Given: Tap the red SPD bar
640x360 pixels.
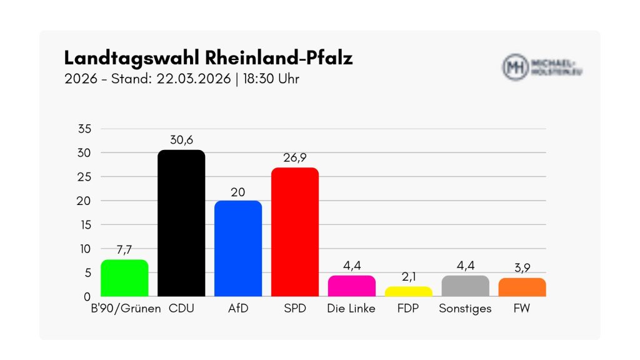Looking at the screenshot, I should click(x=294, y=232).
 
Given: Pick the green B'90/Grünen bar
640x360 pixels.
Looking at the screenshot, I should click(x=124, y=278).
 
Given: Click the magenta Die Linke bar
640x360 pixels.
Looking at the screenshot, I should click(x=351, y=286).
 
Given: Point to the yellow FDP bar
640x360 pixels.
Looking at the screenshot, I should click(x=408, y=291).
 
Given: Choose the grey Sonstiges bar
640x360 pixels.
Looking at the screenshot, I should click(x=465, y=286).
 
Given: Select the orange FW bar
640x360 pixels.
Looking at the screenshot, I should click(x=522, y=287).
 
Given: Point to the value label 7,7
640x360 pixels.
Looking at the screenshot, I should click(x=124, y=251).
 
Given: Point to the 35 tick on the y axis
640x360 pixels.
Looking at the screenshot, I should click(x=84, y=129).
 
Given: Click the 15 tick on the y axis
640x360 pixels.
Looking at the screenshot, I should click(x=84, y=224).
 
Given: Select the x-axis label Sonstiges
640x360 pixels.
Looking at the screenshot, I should click(x=465, y=309).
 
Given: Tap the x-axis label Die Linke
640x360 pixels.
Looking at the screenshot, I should click(x=351, y=309).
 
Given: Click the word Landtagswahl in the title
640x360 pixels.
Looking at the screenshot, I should click(x=131, y=59).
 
